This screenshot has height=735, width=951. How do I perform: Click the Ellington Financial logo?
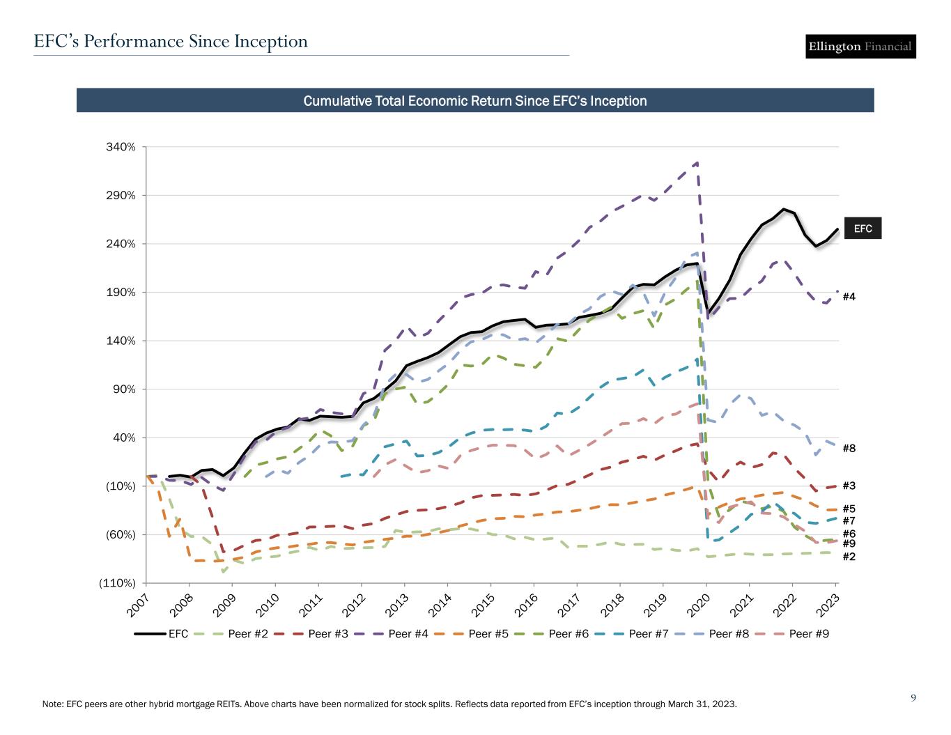[860, 47]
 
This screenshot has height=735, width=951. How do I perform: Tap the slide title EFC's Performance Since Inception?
[171, 42]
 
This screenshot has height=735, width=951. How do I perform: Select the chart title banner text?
[474, 101]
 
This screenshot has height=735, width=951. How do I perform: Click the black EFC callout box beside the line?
[863, 229]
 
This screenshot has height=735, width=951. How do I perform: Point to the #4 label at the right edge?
[849, 297]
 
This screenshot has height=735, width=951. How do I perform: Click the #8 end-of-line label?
[849, 449]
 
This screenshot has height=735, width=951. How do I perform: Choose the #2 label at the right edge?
[849, 557]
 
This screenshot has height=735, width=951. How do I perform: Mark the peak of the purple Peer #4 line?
[697, 162]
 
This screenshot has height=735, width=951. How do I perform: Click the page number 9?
[913, 697]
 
